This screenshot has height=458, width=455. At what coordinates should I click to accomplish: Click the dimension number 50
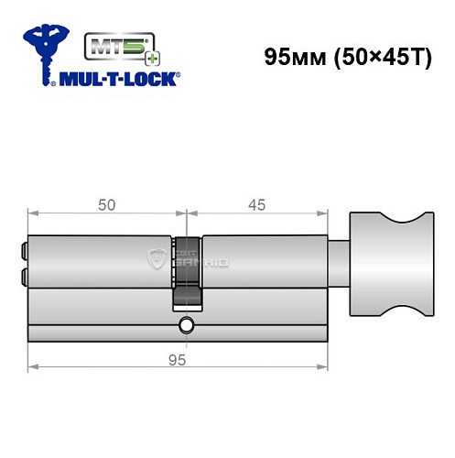tap(107, 205)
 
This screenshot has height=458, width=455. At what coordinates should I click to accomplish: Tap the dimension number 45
tap(256, 205)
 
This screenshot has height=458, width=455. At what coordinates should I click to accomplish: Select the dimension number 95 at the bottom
tap(178, 359)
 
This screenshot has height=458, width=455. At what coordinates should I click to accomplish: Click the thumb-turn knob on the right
tap(386, 264)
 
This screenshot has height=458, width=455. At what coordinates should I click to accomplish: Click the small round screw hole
tap(187, 322)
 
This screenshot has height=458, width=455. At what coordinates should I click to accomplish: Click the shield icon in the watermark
tap(156, 261)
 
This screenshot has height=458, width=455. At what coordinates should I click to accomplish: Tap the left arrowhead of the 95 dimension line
tap(33, 367)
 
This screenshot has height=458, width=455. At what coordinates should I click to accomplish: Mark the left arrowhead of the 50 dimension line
tap(33, 214)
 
